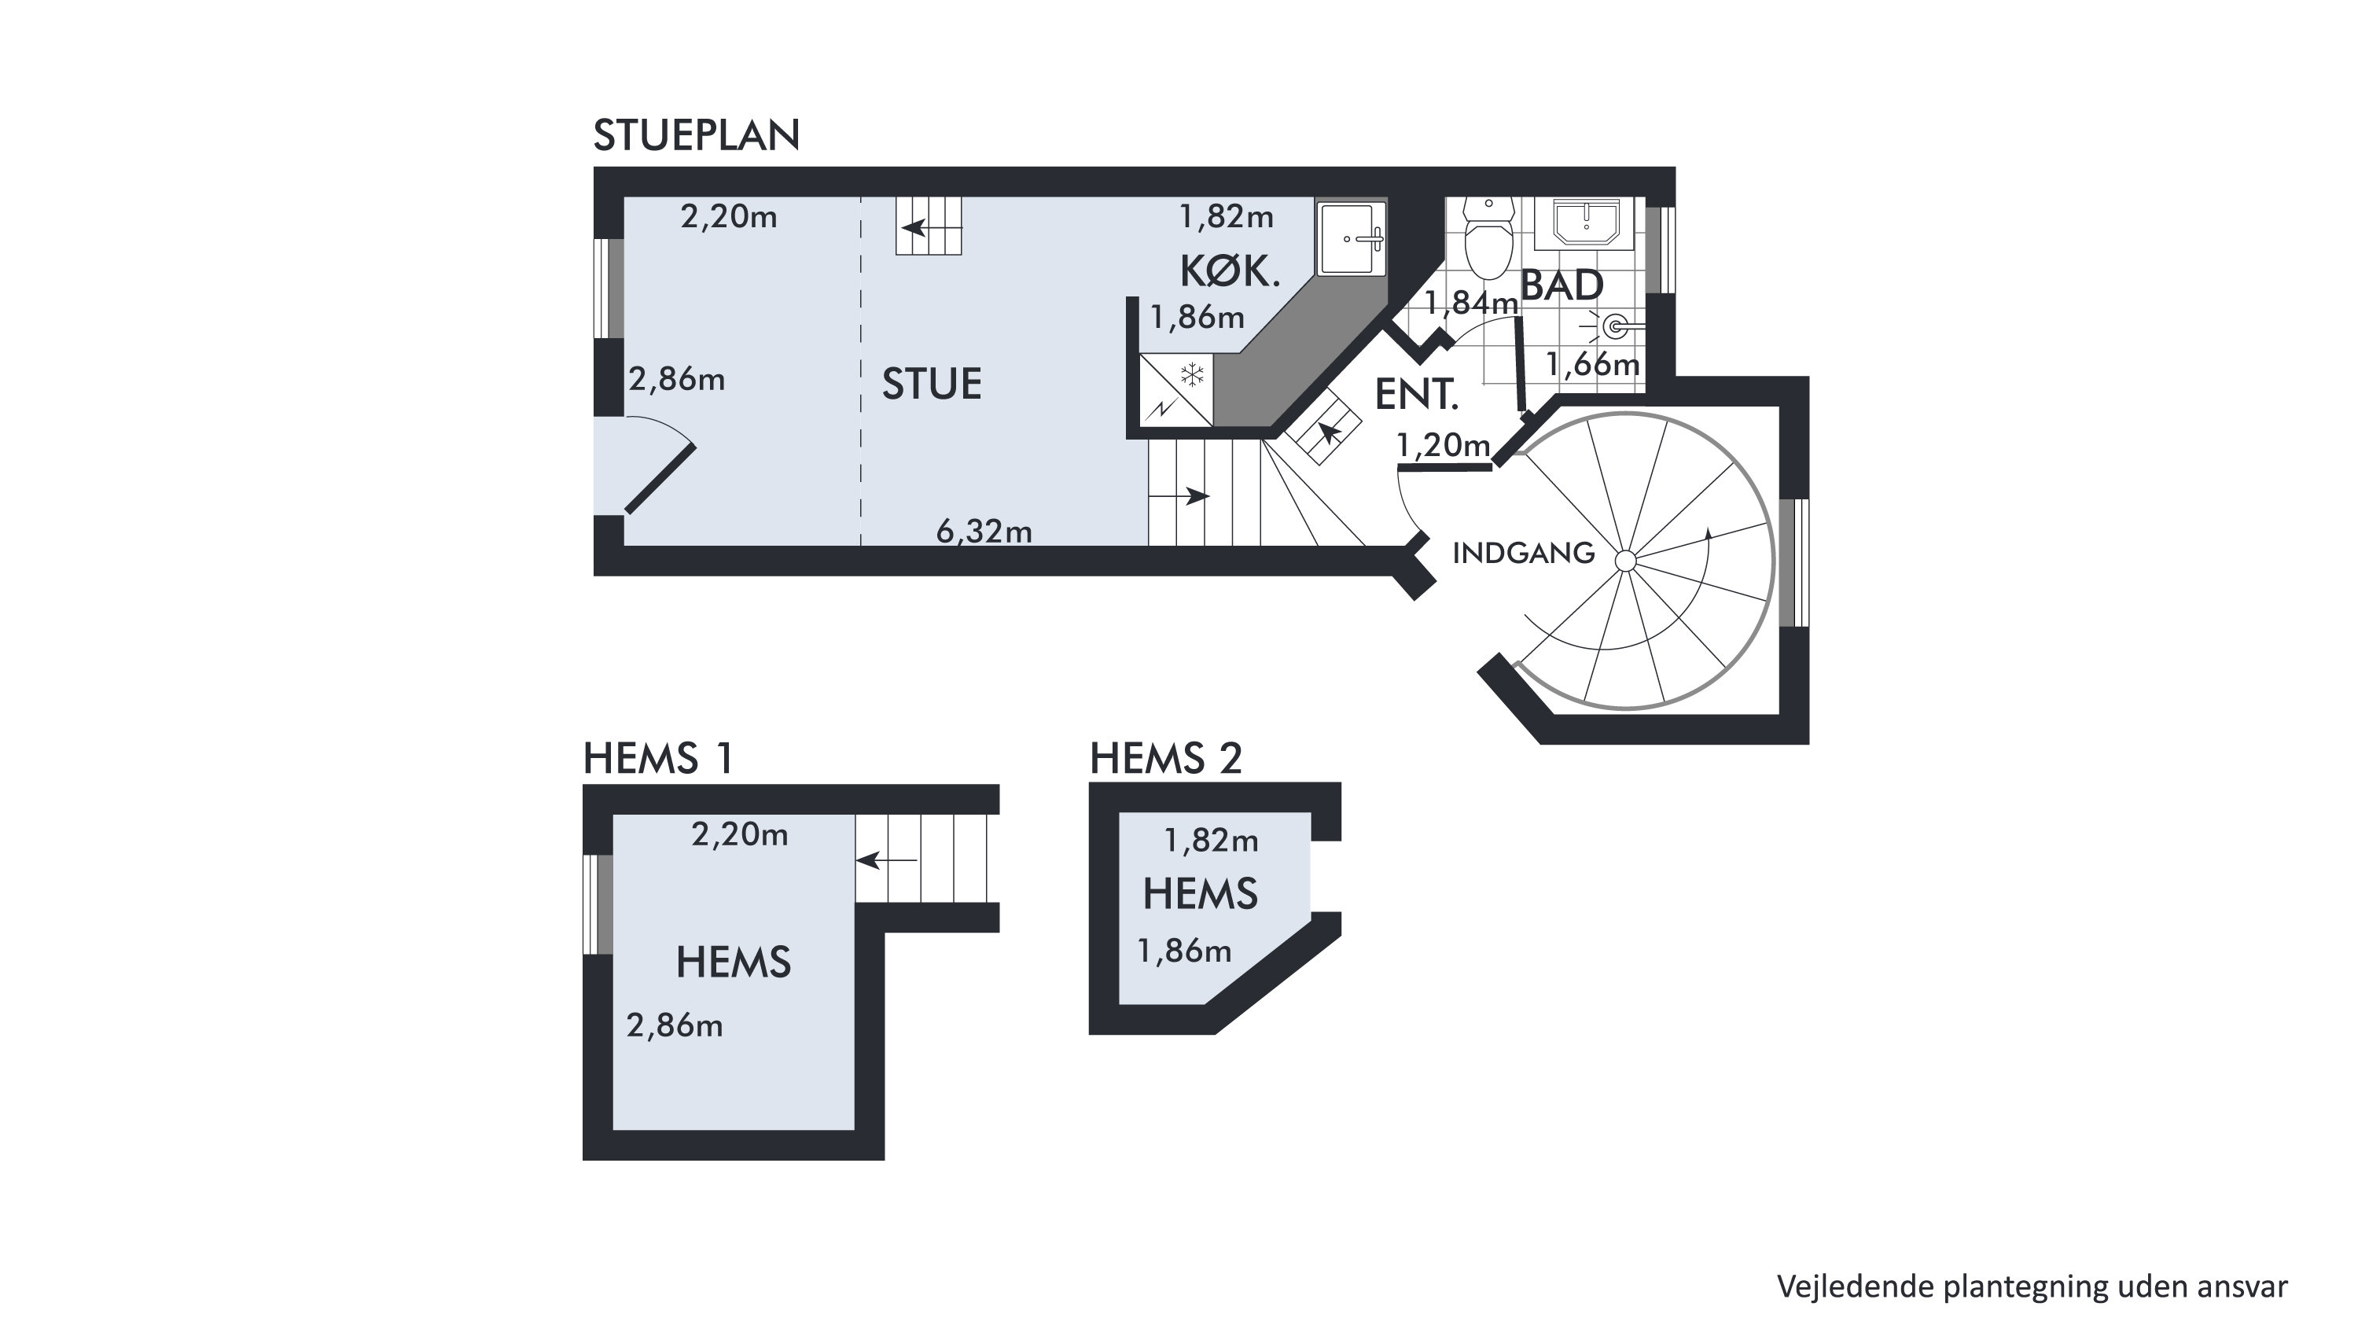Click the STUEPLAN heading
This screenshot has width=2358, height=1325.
tap(697, 135)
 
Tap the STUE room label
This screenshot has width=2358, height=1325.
tap(932, 384)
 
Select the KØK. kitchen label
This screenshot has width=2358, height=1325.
tap(1230, 272)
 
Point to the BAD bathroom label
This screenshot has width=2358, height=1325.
tap(1562, 285)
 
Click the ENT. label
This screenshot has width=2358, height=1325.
tap(1416, 395)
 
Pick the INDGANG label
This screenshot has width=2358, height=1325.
tap(1523, 553)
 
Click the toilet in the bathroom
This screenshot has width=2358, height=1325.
tap(1488, 237)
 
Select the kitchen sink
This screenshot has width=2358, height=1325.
tap(1351, 238)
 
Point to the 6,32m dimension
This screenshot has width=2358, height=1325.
tap(984, 531)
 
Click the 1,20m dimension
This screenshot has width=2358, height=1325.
tap(1444, 445)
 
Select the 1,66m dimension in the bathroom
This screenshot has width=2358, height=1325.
tap(1593, 364)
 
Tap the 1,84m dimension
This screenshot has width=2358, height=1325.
tap(1471, 302)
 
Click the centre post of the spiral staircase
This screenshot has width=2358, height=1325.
tap(1626, 561)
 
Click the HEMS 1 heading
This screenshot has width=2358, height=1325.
tap(658, 759)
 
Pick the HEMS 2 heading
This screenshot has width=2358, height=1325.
tap(1165, 759)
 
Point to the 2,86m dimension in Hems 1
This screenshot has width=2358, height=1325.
tap(675, 1025)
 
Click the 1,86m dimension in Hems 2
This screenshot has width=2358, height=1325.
tap(1183, 951)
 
